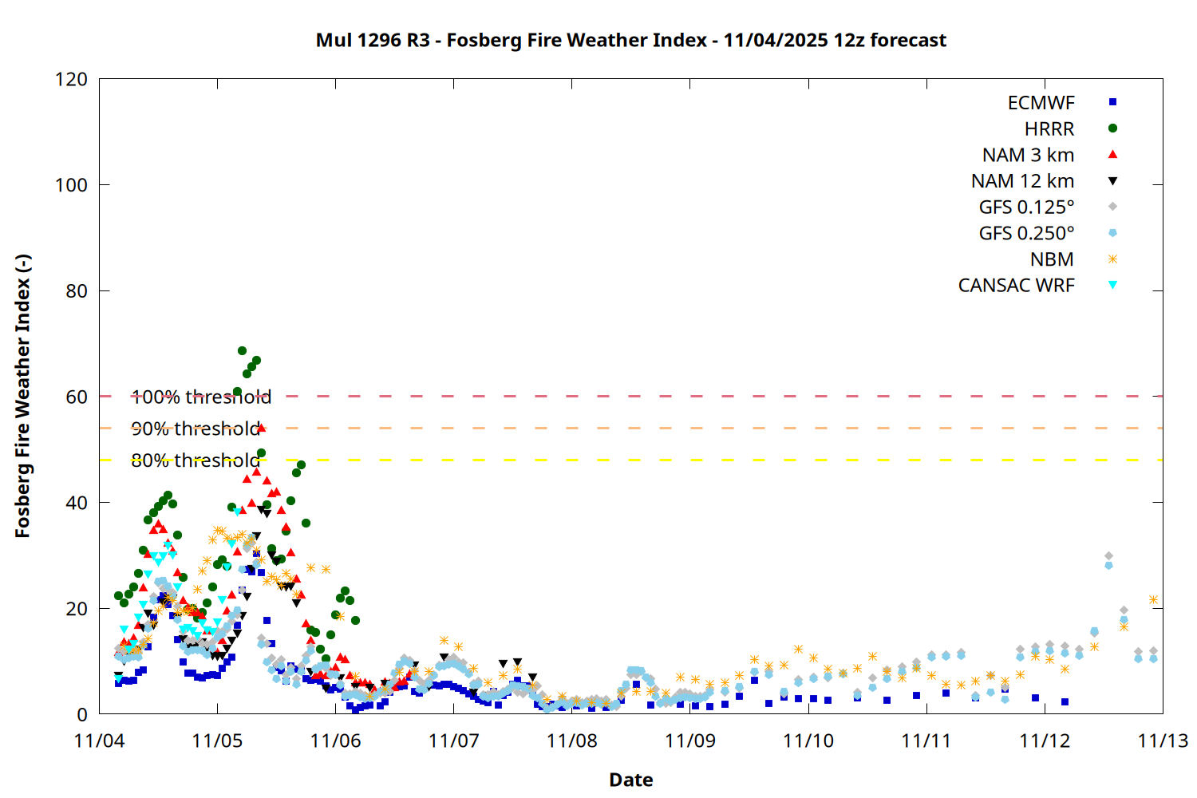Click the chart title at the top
pos(630,40)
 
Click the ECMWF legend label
pos(1041,103)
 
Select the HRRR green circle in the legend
pos(1112,128)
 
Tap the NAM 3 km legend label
pos(1028,155)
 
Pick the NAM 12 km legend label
pos(1022,181)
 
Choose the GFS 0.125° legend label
pos(1026,207)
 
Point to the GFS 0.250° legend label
pos(1026,233)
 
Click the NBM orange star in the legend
pos(1112,259)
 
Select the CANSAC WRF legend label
pos(1016,286)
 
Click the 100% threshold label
pos(201,397)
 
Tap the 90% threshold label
pos(196,429)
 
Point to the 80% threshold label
pos(196,460)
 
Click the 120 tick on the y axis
pos(71,79)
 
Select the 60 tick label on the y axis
pos(77,397)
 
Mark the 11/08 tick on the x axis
pos(571,741)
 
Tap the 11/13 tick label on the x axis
pos(1163,741)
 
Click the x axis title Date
pos(630,780)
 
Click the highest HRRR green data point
pos(242,351)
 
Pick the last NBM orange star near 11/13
pos(1153,599)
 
